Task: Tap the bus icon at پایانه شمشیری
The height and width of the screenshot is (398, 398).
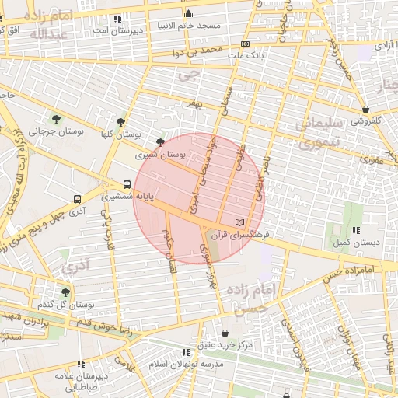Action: pyautogui.click(x=127, y=185)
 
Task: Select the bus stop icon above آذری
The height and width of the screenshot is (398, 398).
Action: pyautogui.click(x=76, y=199)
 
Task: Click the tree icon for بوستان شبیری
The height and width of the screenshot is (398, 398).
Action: pyautogui.click(x=160, y=142)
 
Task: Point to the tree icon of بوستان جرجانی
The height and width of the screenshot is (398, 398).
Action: pyautogui.click(x=56, y=118)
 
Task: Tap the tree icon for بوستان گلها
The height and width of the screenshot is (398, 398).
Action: pyautogui.click(x=120, y=122)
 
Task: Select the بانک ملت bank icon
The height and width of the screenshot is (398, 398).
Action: pyautogui.click(x=245, y=44)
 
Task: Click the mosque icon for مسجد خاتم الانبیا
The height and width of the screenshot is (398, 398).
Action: pyautogui.click(x=188, y=13)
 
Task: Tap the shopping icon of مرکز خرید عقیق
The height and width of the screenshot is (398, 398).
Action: pyautogui.click(x=225, y=332)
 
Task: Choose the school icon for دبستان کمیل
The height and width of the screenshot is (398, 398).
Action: pyautogui.click(x=356, y=230)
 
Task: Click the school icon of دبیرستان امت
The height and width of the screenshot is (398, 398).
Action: pyautogui.click(x=117, y=18)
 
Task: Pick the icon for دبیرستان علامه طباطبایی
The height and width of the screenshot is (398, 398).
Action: pyautogui.click(x=81, y=363)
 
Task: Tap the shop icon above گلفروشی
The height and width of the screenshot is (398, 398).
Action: pyautogui.click(x=365, y=109)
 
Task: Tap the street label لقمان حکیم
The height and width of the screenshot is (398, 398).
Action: pyautogui.click(x=169, y=251)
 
